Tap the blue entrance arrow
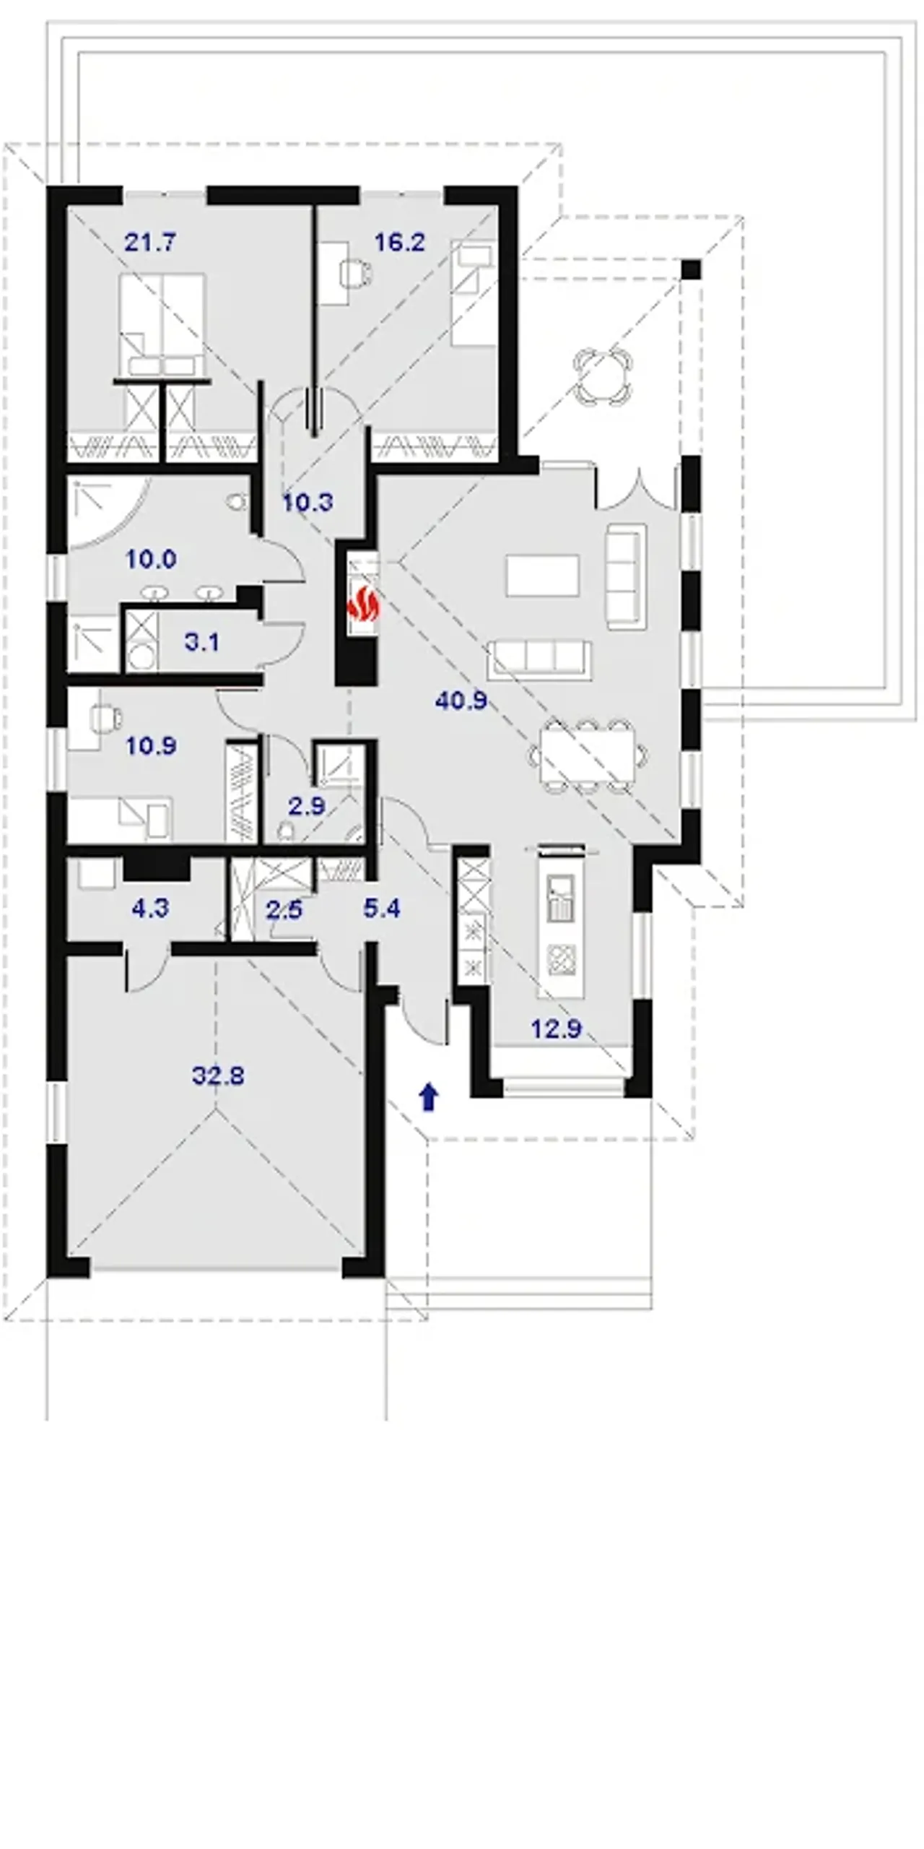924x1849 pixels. click(x=430, y=1096)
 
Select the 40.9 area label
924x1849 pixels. click(x=461, y=700)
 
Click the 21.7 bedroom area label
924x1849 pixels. click(x=149, y=242)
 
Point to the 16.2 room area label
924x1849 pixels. click(x=399, y=242)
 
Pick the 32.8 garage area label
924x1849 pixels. click(x=218, y=1075)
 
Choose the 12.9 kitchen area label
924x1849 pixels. click(x=556, y=1028)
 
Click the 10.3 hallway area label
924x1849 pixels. click(x=308, y=502)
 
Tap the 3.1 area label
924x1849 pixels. click(x=202, y=641)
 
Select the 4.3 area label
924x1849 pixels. click(x=150, y=908)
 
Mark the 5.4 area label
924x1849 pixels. click(x=382, y=908)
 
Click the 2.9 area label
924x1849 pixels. click(x=307, y=806)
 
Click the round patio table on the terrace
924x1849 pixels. click(x=602, y=376)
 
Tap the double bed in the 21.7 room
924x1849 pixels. click(x=162, y=325)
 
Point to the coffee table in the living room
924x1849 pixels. click(x=542, y=576)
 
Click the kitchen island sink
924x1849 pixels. click(x=561, y=899)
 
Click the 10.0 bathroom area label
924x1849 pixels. click(x=151, y=558)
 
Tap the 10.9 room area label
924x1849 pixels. click(x=151, y=745)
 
